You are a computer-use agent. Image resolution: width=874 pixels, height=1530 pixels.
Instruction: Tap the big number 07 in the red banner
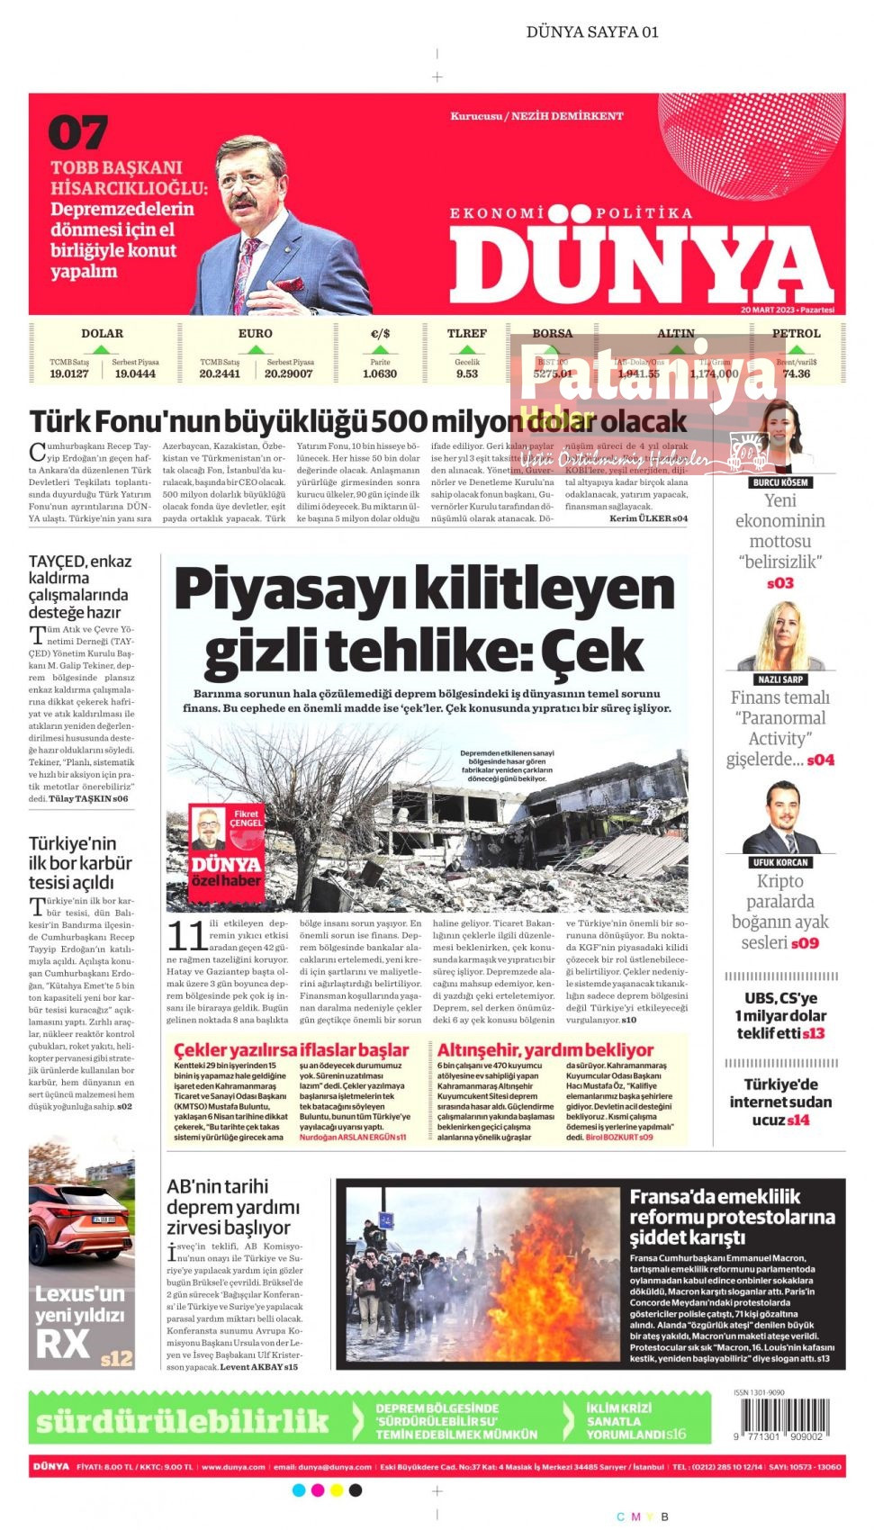click(78, 133)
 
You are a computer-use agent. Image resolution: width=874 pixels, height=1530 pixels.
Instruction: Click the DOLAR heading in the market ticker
click(102, 333)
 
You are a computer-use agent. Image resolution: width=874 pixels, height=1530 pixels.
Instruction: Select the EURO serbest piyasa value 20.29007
click(288, 373)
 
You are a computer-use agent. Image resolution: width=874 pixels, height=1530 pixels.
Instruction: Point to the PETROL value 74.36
click(796, 373)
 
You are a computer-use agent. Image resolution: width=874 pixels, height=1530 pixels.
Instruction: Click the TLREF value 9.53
click(466, 373)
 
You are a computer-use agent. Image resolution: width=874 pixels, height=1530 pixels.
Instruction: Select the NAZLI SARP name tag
click(779, 679)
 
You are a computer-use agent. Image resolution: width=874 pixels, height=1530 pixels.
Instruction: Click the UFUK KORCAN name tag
click(779, 862)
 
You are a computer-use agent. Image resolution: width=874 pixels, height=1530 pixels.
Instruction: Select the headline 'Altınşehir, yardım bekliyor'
click(545, 1050)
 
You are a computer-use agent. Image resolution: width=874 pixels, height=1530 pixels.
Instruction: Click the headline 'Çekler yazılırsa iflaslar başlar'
click(291, 1050)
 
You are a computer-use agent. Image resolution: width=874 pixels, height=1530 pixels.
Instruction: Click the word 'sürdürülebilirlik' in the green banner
click(183, 1421)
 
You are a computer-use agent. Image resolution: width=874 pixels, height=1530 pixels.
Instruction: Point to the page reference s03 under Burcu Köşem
click(779, 583)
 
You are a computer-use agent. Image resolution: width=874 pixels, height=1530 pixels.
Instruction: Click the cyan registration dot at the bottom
click(300, 1490)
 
